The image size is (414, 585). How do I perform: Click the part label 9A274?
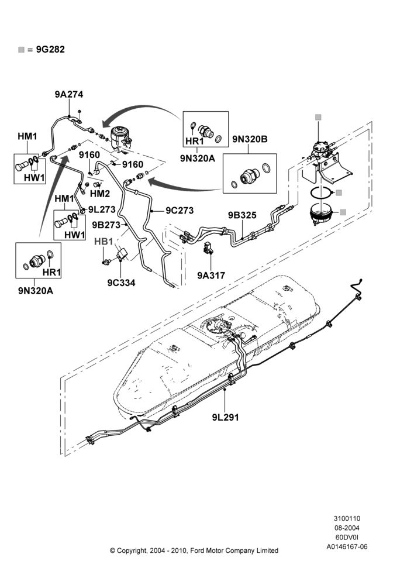[x=69, y=94]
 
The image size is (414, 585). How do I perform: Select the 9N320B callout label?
[x=250, y=139]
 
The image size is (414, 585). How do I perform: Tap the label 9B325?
[x=242, y=215]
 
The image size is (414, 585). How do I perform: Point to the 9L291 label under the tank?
[x=225, y=417]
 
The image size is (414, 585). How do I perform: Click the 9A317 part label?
[x=211, y=276]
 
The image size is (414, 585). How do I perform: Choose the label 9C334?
[x=121, y=283]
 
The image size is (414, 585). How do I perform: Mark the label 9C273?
[x=180, y=211]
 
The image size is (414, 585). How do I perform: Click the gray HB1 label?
[x=103, y=242]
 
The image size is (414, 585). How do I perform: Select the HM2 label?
[x=100, y=194]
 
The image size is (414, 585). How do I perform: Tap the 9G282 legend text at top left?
[x=50, y=49]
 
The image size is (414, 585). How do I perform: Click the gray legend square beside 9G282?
[x=21, y=50]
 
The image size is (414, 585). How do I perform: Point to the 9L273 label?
[x=102, y=209]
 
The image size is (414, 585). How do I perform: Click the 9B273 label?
[x=106, y=225]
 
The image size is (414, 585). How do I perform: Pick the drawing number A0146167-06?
[x=347, y=547]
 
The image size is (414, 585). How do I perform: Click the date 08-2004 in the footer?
[x=347, y=528]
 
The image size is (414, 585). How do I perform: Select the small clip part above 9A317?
[x=207, y=248]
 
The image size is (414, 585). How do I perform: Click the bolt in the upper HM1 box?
[x=22, y=166]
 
